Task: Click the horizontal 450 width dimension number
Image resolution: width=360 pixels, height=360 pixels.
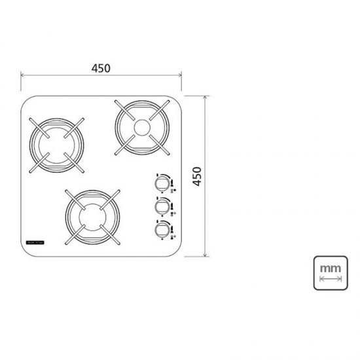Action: (x=101, y=67)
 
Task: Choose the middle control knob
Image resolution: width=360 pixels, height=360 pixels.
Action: (x=161, y=206)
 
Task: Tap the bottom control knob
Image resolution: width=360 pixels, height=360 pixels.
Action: (x=161, y=230)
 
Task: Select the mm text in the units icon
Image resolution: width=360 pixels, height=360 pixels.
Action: (x=331, y=268)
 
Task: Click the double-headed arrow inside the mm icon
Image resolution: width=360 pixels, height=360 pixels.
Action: (x=331, y=279)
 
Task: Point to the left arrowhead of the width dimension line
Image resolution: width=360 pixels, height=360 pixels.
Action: (x=24, y=76)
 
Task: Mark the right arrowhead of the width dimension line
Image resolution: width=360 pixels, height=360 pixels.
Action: (x=181, y=76)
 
